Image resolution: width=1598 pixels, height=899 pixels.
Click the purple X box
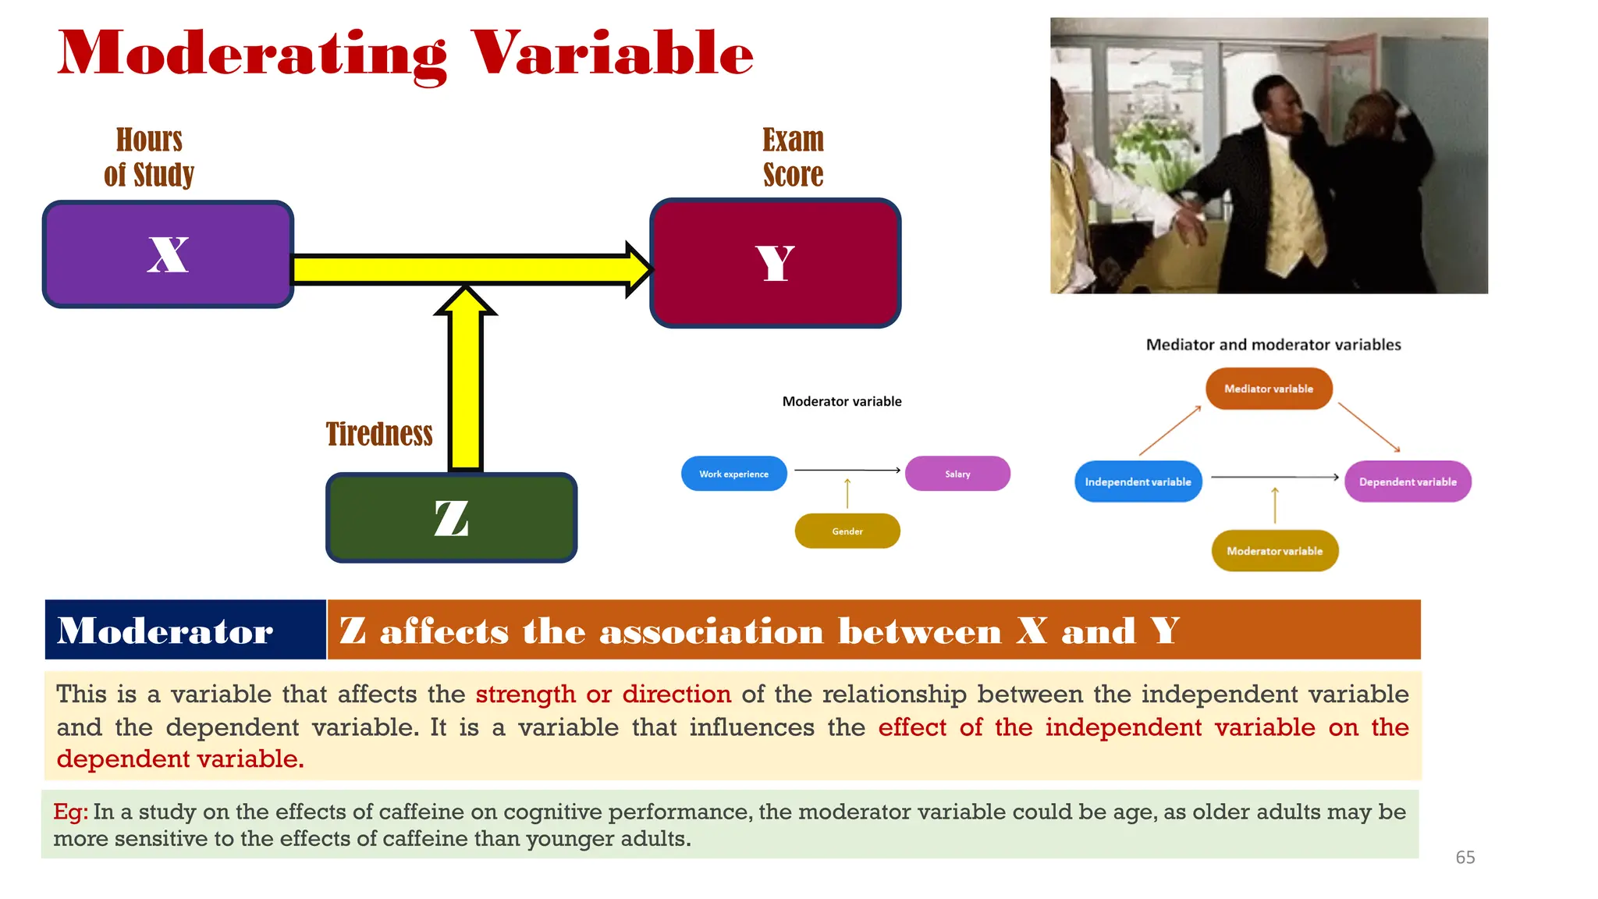168,254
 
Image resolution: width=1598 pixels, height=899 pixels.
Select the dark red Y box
775,263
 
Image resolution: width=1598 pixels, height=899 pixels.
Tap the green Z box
451,518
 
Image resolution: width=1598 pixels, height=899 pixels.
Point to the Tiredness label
379,434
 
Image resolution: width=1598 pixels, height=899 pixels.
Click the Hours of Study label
149,157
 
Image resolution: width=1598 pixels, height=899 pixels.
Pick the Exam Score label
793,157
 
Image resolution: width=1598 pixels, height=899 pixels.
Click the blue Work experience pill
733,474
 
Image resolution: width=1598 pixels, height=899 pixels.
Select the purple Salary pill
957,474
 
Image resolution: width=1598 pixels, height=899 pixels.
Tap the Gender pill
847,531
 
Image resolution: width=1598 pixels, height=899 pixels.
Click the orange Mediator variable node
1269,389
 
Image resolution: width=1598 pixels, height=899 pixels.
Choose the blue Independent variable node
1138,481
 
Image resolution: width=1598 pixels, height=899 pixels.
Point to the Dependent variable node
1408,481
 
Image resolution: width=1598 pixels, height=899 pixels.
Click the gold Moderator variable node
1274,551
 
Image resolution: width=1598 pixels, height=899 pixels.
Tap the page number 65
1465,858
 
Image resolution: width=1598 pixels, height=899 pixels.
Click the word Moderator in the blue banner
165,631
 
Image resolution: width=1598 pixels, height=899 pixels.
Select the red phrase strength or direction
603,694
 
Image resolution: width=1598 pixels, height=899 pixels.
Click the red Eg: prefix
70,812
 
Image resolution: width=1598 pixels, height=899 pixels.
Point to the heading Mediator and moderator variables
1273,345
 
